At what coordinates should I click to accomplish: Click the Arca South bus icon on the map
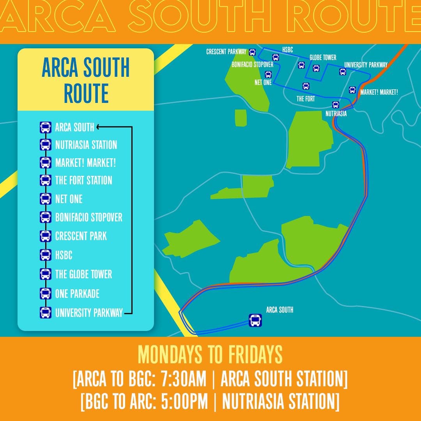point(255,320)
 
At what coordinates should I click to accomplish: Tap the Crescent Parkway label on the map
point(226,51)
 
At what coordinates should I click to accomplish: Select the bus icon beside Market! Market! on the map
point(352,90)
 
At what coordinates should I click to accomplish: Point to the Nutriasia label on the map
point(336,114)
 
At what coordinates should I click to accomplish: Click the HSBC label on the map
point(287,50)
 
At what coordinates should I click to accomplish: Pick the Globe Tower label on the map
point(323,58)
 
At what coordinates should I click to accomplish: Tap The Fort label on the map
point(306,99)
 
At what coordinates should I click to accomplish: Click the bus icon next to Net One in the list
point(46,198)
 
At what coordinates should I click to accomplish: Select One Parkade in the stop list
point(77,294)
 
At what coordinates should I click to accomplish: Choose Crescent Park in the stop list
point(81,236)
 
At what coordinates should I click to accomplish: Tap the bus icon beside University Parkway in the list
point(46,313)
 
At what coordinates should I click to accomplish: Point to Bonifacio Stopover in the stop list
point(88,217)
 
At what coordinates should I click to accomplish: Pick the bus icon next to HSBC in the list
point(46,255)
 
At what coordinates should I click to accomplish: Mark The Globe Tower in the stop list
point(83,274)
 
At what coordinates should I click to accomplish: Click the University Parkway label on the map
point(366,65)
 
